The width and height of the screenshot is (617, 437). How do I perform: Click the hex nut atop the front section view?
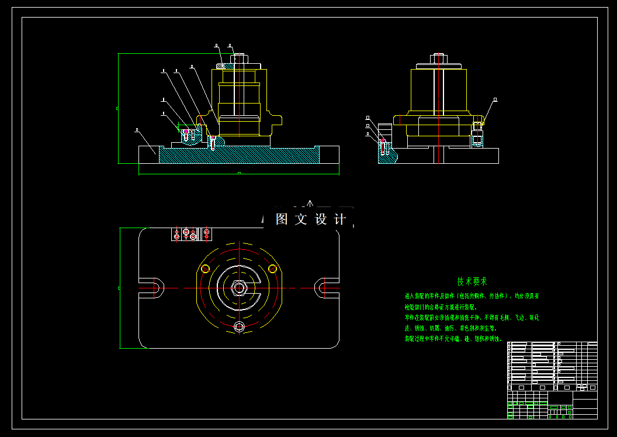coord(238,59)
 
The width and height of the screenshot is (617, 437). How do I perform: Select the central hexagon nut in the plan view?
coord(238,288)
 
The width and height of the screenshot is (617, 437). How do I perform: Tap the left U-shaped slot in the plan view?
coord(153,287)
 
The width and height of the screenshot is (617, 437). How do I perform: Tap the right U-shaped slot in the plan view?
coord(325,287)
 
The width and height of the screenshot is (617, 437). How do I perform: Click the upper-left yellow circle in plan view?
coord(205,269)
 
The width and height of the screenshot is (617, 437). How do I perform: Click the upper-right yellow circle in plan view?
coord(272,269)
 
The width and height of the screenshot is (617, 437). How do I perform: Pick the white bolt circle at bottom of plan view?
coord(238,326)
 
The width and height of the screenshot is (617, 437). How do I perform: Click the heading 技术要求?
coord(472,282)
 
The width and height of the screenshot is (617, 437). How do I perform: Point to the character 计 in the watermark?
coord(339,219)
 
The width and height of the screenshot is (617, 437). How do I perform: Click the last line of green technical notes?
coord(453,339)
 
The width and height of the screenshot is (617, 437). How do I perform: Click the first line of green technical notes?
coord(472,296)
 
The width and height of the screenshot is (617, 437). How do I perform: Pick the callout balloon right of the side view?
coord(495,100)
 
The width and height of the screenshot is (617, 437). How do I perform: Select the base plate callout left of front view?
coord(136,129)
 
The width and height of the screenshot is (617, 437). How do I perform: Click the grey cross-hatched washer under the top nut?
coord(221,66)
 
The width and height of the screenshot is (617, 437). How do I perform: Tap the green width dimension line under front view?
coord(238,173)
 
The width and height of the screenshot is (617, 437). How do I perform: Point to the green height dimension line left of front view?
coord(118,109)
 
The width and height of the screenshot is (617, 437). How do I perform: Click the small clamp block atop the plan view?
coord(190,234)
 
